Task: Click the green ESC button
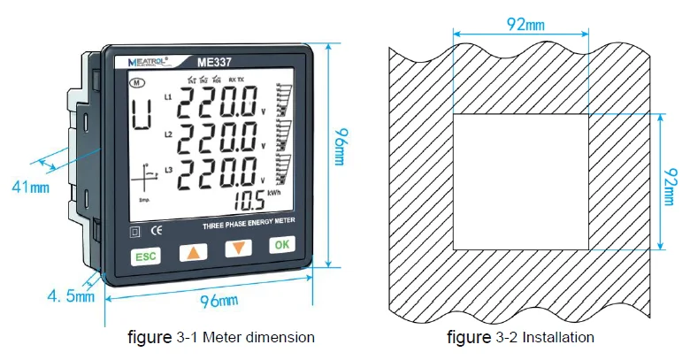pos(143,257)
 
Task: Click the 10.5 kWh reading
pos(251,197)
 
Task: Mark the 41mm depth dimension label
pos(29,188)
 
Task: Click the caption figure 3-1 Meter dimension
pos(221,337)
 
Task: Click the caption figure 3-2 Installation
pos(520,337)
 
